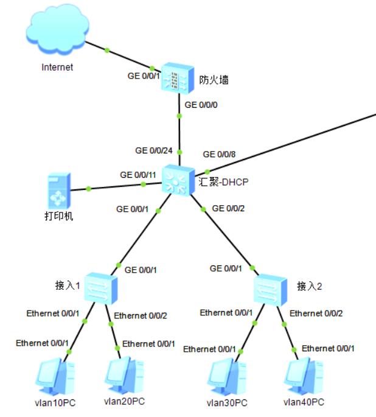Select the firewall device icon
coord(177,77)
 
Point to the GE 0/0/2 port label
coord(229,208)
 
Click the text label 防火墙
coord(214,80)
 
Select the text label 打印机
coord(59,216)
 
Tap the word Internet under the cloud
coord(57,67)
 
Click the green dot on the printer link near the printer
coord(89,189)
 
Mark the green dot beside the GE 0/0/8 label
coord(207,172)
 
